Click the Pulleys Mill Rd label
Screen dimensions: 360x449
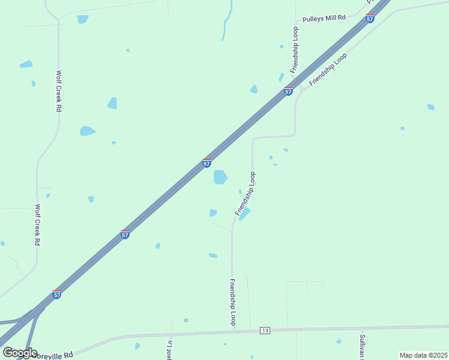coord(324,19)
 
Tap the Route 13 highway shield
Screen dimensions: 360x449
coord(265,331)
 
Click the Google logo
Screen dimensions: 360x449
coord(20,352)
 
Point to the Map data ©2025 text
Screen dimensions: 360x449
coord(423,355)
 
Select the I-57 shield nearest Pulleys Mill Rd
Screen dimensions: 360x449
coord(370,19)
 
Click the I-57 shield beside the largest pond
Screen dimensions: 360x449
coord(206,163)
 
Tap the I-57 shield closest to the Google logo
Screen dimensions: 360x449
coord(56,294)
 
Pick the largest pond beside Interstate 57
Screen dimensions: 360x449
coord(220,177)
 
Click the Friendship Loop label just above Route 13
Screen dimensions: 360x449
coord(233,302)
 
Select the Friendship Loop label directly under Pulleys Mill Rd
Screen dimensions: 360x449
coord(295,50)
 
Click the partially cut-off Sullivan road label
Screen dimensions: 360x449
coord(363,347)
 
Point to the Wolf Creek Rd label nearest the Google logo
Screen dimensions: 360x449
coord(37,225)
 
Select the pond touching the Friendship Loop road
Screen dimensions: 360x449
coord(245,214)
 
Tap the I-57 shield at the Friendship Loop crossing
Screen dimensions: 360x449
coord(289,91)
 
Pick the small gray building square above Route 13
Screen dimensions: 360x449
coord(186,320)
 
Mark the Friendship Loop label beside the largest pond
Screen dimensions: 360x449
coord(246,193)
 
